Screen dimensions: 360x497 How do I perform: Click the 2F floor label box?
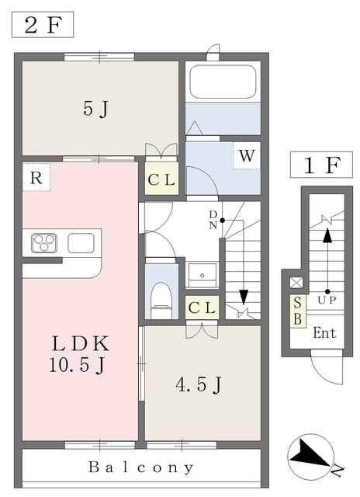(x=43, y=25)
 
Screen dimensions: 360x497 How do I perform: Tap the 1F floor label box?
(x=321, y=165)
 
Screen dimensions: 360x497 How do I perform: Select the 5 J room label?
(x=95, y=109)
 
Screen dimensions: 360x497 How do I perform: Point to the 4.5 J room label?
(x=199, y=384)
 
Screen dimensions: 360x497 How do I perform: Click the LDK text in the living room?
(x=81, y=343)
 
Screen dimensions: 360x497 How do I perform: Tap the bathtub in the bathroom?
(x=223, y=82)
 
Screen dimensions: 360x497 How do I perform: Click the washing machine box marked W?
(x=247, y=155)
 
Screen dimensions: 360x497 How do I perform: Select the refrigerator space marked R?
(x=36, y=178)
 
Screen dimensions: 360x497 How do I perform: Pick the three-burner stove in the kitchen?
(x=44, y=243)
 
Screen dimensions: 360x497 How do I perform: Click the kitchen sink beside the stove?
(x=81, y=243)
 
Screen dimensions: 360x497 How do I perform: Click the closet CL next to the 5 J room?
(x=161, y=180)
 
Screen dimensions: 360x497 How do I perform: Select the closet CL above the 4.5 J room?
(x=202, y=308)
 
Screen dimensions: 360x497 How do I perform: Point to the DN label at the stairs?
(x=213, y=220)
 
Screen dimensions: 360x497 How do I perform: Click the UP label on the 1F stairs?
(x=327, y=301)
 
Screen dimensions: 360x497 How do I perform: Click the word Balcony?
(x=141, y=467)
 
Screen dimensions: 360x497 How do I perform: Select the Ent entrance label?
(x=324, y=333)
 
